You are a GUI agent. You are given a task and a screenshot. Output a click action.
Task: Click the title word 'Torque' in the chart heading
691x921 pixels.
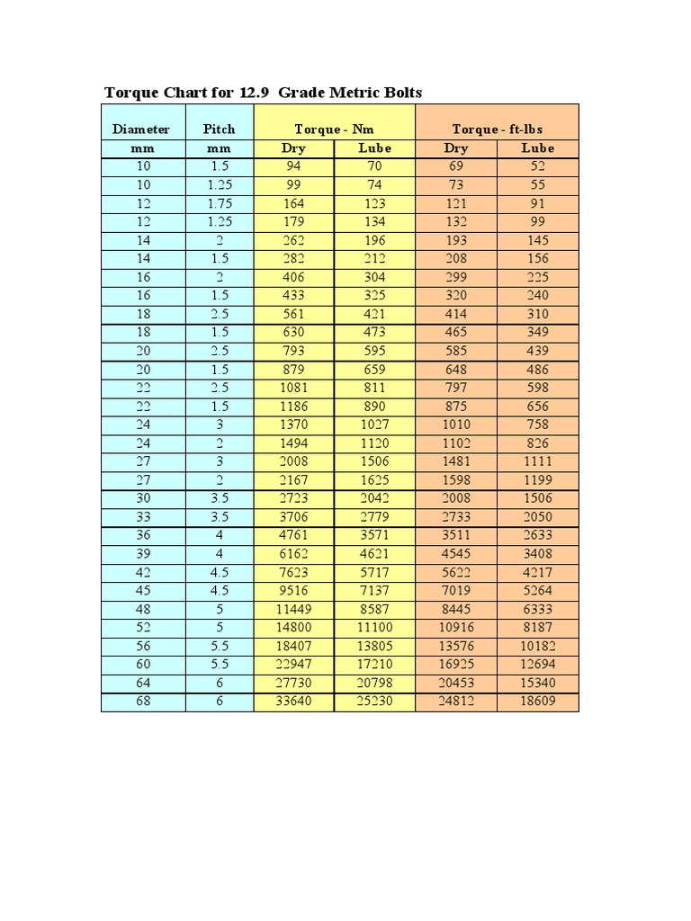coord(130,93)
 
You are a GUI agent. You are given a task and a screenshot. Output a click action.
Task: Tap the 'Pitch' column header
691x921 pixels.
coord(219,130)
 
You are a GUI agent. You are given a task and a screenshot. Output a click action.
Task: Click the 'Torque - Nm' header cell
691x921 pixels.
coord(334,130)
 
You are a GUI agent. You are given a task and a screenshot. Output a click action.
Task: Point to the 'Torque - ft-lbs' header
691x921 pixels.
coord(497,130)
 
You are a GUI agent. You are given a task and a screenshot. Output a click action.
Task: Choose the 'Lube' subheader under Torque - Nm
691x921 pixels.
coord(374,148)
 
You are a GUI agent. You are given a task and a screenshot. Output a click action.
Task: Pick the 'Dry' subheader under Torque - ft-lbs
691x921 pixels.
coord(456,148)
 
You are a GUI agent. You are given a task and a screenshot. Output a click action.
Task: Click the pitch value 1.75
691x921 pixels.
coord(220,203)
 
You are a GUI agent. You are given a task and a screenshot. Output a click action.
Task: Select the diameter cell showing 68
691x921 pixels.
coord(143,701)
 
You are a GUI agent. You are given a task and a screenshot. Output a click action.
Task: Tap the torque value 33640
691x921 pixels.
coord(293,701)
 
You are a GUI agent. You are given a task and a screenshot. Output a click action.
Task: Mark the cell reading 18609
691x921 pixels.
coord(537,701)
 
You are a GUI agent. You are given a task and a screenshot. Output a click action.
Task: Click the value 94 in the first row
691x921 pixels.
coord(293,166)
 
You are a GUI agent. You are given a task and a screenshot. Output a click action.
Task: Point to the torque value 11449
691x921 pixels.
coord(293,609)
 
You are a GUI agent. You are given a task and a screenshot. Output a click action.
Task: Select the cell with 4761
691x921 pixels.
coord(293,535)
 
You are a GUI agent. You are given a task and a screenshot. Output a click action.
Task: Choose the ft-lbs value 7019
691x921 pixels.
coord(456,590)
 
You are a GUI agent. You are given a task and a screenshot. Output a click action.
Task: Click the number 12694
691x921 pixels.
coord(537,664)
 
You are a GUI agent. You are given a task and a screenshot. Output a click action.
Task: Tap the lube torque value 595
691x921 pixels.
coord(374,351)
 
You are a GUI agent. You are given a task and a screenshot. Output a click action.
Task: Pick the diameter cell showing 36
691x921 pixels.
coord(143,535)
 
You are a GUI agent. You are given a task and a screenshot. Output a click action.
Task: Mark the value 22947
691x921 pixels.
coord(293,664)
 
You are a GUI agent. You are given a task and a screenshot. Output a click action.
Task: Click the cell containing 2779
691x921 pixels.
coord(374,516)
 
